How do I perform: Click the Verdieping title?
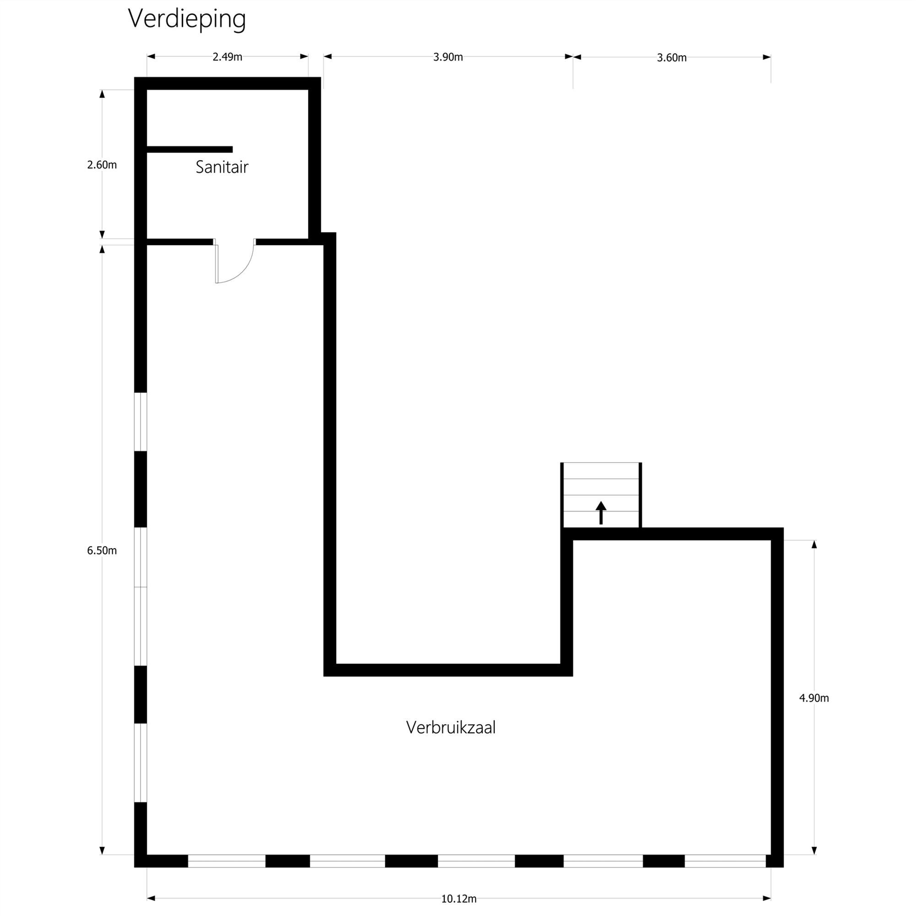187,19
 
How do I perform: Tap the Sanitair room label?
222,167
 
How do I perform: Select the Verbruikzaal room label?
451,727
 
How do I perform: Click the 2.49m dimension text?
227,57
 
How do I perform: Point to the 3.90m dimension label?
448,57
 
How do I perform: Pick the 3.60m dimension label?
672,57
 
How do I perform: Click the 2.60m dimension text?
102,165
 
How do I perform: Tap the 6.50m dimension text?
102,551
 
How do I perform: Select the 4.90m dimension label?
814,698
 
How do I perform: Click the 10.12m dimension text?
459,899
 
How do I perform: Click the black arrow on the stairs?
601,513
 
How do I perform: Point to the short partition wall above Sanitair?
190,149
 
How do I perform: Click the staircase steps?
601,495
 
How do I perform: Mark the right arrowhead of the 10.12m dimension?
767,898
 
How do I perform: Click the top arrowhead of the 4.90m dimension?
814,544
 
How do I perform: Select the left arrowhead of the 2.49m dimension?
151,56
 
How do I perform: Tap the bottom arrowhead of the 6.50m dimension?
102,851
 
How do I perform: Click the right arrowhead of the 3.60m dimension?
767,57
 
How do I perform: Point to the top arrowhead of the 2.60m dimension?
102,94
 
